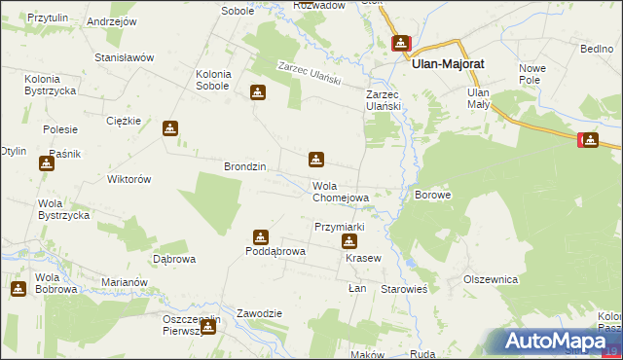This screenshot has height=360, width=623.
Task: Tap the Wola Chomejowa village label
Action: (340, 192)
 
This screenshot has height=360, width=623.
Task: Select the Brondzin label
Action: (245, 166)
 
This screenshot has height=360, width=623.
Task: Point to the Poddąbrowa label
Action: (275, 251)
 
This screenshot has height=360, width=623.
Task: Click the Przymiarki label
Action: (339, 227)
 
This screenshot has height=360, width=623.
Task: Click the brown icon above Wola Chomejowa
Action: (316, 159)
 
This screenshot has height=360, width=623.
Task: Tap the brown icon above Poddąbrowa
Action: (260, 236)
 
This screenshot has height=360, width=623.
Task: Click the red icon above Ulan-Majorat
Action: (401, 44)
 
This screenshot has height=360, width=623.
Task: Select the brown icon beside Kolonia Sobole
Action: (258, 93)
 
